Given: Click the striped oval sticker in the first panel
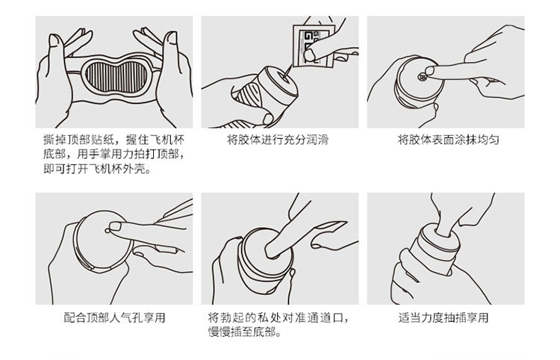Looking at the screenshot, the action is pyautogui.click(x=116, y=76).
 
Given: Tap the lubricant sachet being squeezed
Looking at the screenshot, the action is pyautogui.click(x=313, y=46).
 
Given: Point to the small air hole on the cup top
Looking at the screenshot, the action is pyautogui.click(x=107, y=231).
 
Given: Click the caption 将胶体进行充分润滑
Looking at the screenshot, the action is pyautogui.click(x=278, y=139).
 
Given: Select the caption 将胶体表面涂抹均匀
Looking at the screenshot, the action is pyautogui.click(x=448, y=139).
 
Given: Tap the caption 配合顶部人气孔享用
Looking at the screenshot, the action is pyautogui.click(x=114, y=317).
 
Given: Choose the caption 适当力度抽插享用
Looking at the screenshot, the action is pyautogui.click(x=444, y=317).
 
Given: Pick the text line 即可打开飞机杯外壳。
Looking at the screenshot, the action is pyautogui.click(x=97, y=168).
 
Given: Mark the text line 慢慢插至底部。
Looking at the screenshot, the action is pyautogui.click(x=245, y=332).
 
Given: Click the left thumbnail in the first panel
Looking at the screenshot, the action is pyautogui.click(x=55, y=40).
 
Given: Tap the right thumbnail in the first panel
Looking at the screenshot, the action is pyautogui.click(x=171, y=37).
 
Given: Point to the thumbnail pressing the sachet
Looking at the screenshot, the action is pyautogui.click(x=310, y=55).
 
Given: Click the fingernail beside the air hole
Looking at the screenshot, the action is pyautogui.click(x=115, y=226).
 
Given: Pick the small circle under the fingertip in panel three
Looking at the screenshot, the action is pyautogui.click(x=423, y=76).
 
